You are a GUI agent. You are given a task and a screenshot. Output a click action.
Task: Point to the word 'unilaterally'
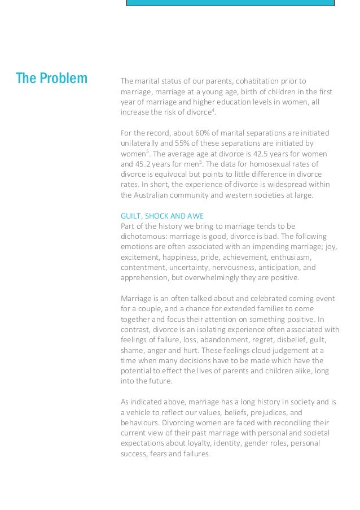pos(142,143)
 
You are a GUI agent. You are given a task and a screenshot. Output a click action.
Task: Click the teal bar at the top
pos(230,2)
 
